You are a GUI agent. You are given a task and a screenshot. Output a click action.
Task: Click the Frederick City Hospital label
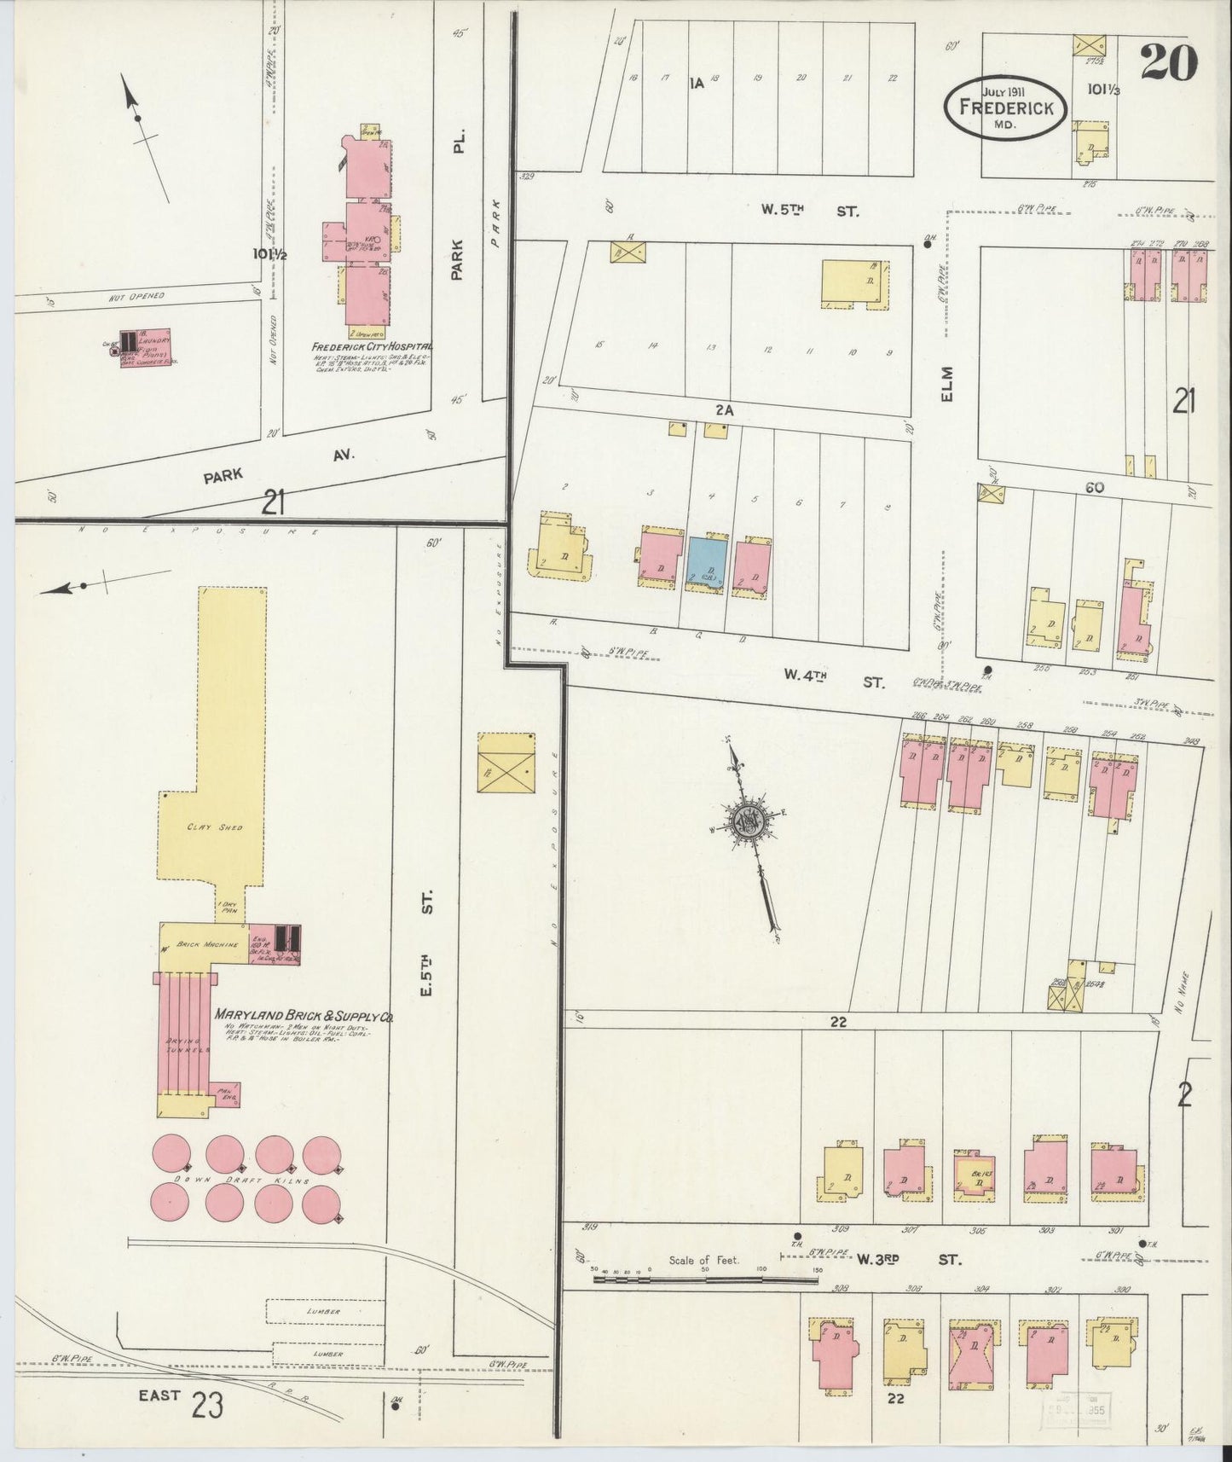pos(372,347)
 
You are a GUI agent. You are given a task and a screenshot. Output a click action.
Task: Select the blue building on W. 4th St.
pos(708,562)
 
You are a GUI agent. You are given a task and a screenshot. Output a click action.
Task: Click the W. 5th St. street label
pos(811,209)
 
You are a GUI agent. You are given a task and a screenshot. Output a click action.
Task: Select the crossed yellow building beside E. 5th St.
pos(506,762)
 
